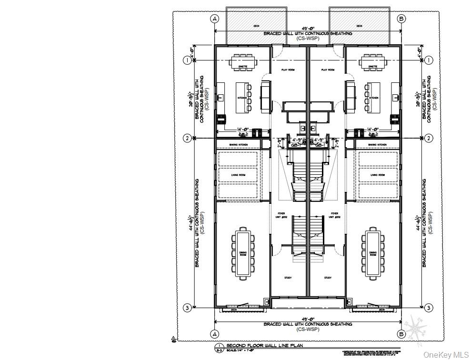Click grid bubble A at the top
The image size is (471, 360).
point(214,19)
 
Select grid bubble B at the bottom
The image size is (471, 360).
point(401,333)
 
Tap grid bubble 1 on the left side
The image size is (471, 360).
point(188,60)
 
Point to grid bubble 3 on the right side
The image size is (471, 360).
point(429,308)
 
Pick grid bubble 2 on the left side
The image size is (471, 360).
point(188,138)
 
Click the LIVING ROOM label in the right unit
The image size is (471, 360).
point(377,175)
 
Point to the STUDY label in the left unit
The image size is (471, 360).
point(288,278)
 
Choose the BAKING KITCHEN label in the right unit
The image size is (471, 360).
point(377,144)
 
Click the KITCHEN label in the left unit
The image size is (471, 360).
point(242,98)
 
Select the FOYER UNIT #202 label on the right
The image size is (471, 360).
point(334,215)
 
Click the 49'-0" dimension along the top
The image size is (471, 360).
point(308,29)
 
